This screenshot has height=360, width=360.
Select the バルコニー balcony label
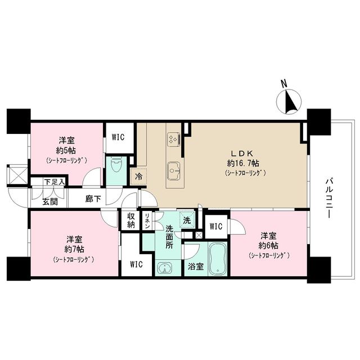pos(330,199)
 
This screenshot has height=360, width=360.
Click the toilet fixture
pos(117,166)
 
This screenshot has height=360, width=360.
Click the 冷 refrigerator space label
pos(138,175)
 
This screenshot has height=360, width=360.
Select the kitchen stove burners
pos(173,138)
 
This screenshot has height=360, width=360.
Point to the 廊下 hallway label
pos(93,198)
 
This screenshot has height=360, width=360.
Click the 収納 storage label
pos(130,220)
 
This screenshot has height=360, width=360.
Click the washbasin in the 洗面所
pos(164,268)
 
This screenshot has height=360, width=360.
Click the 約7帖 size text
pos(73,249)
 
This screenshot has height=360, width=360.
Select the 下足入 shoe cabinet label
pos(55,181)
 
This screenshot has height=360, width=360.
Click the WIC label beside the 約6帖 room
pos(216,226)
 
